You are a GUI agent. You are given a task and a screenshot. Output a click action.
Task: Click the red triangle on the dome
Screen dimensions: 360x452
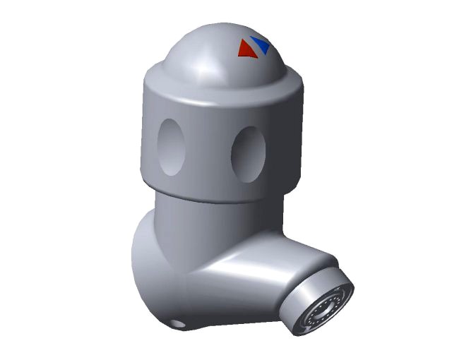[246, 50]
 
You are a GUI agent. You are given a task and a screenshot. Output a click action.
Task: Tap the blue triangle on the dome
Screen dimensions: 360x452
[261, 45]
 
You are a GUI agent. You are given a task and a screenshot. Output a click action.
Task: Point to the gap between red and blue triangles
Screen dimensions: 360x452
[254, 48]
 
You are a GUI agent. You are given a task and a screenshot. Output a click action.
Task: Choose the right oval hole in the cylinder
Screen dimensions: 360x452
[249, 152]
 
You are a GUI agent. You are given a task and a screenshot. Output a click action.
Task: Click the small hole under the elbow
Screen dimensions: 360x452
[177, 324]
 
